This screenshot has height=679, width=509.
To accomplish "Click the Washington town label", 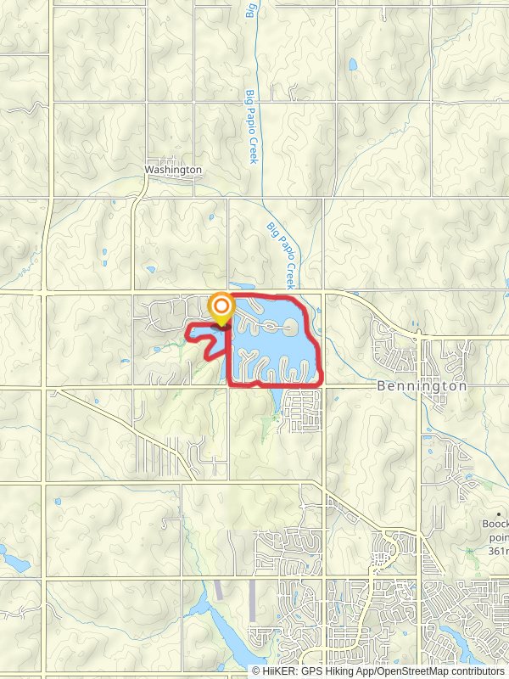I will (x=173, y=170).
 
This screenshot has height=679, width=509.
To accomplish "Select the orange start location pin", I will (x=221, y=307).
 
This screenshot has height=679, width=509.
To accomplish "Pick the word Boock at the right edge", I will (x=495, y=524).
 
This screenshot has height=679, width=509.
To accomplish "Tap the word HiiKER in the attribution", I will (x=279, y=671).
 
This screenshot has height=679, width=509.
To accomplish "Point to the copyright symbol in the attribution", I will (x=256, y=671).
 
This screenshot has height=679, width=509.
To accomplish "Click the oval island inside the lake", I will (x=289, y=326).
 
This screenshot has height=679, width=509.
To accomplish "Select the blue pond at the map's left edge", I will (x=12, y=559).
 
